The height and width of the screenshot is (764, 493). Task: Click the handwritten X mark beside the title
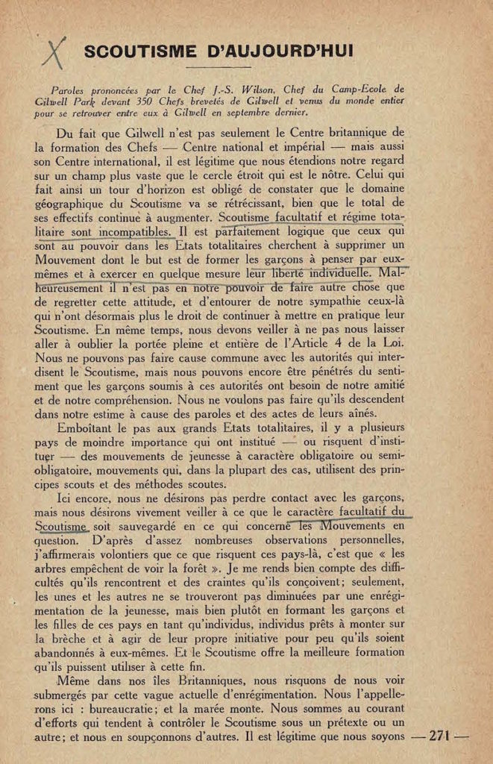pos(54,53)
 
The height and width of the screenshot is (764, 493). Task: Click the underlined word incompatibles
pos(133,232)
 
